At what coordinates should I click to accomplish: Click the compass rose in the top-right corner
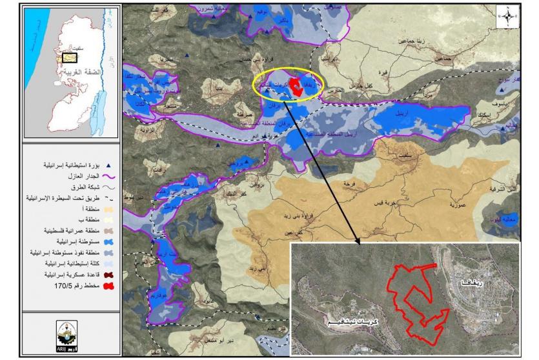[509, 17]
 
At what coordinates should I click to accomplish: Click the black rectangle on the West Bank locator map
[69, 57]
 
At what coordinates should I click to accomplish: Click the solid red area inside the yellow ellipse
[298, 88]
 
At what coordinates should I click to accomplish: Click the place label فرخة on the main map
[351, 184]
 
